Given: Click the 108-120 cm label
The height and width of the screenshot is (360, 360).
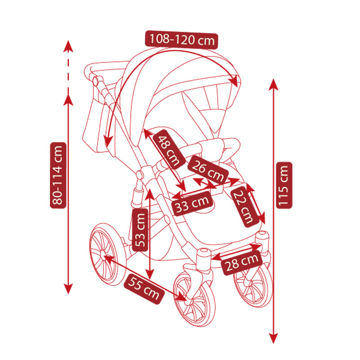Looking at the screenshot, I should pyautogui.click(x=181, y=40).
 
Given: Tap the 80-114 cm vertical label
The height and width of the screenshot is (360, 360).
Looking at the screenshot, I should pyautogui.click(x=58, y=175).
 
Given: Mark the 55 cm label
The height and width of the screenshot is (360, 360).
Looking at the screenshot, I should pyautogui.click(x=144, y=288).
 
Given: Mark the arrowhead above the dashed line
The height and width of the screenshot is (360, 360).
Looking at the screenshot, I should pyautogui.click(x=68, y=45).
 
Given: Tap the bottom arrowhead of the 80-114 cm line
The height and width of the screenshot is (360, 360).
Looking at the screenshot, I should pyautogui.click(x=68, y=288).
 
